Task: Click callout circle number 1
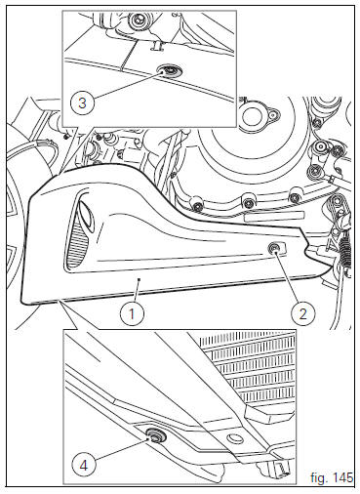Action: click(x=132, y=314)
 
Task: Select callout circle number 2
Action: click(x=302, y=314)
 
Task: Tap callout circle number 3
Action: click(x=82, y=103)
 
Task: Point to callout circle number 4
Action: click(x=84, y=466)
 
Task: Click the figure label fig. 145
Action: click(x=332, y=477)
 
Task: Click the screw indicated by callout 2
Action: click(x=273, y=249)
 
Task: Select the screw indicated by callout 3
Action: click(x=169, y=70)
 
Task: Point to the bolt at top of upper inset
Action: click(x=137, y=21)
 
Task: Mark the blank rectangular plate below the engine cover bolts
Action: click(x=274, y=217)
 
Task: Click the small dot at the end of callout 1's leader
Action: click(x=139, y=279)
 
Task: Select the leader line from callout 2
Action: click(x=287, y=276)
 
